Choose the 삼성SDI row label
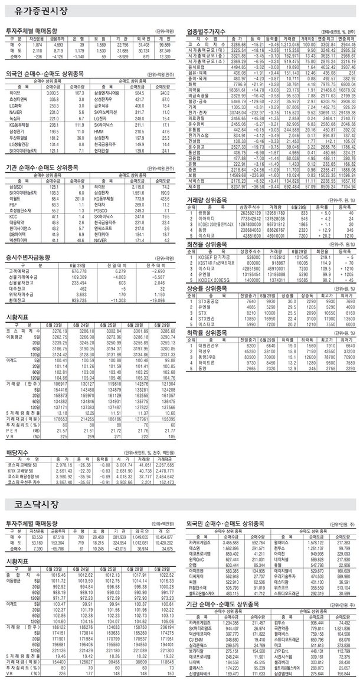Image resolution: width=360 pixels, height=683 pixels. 17,185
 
